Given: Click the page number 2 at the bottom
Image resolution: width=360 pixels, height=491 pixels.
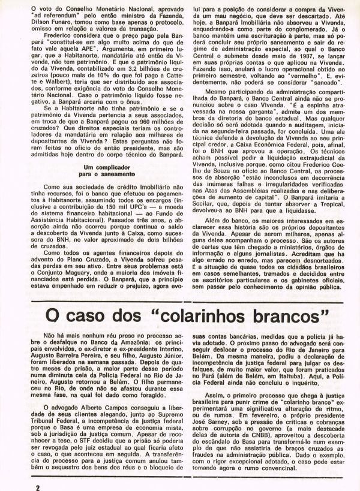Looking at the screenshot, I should [x=37, y=483].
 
